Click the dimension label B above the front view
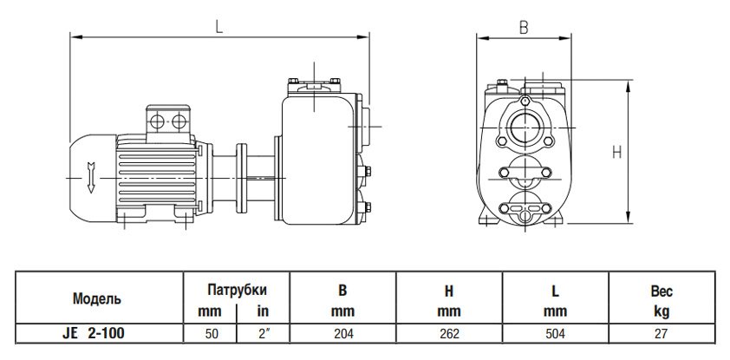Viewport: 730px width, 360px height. click(x=523, y=26)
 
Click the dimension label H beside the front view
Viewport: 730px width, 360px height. click(x=617, y=153)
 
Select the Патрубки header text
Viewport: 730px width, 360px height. click(x=235, y=290)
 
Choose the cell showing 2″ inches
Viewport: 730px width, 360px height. click(x=261, y=332)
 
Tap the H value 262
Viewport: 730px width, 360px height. click(x=449, y=332)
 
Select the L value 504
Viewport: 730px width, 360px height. click(x=556, y=332)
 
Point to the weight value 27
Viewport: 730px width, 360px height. click(x=662, y=332)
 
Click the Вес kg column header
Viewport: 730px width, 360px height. click(x=662, y=301)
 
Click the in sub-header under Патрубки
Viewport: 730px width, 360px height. click(x=261, y=310)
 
